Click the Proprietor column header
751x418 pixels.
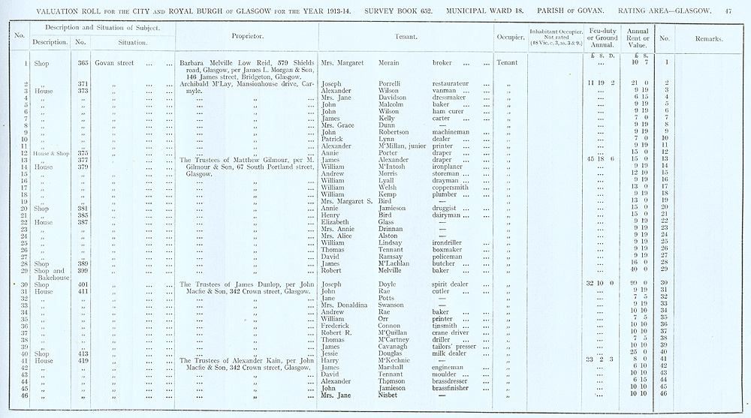(246, 35)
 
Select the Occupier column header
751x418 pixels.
(510, 35)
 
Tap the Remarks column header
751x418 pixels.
(708, 38)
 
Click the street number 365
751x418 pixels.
(84, 62)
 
